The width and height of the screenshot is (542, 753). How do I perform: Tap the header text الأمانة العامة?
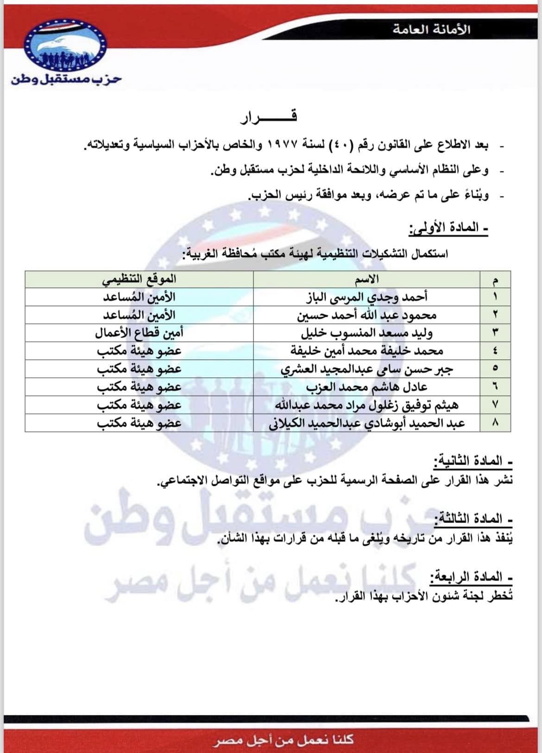[431, 29]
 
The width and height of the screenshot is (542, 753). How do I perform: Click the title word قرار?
[269, 116]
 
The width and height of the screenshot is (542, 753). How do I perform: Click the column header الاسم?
[366, 279]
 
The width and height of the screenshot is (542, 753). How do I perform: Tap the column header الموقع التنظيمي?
[139, 279]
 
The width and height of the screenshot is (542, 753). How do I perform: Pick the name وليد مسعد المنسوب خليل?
[366, 333]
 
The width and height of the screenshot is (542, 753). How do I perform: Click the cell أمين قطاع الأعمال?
[139, 333]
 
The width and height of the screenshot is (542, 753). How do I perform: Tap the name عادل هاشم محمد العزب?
[366, 387]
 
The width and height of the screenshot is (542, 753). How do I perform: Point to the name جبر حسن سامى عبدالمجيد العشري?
[366, 369]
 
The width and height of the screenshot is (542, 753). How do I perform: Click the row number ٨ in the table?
[495, 423]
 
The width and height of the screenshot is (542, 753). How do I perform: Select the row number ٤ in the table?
[495, 351]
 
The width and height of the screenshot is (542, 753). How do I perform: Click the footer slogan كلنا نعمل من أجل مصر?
[284, 739]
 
